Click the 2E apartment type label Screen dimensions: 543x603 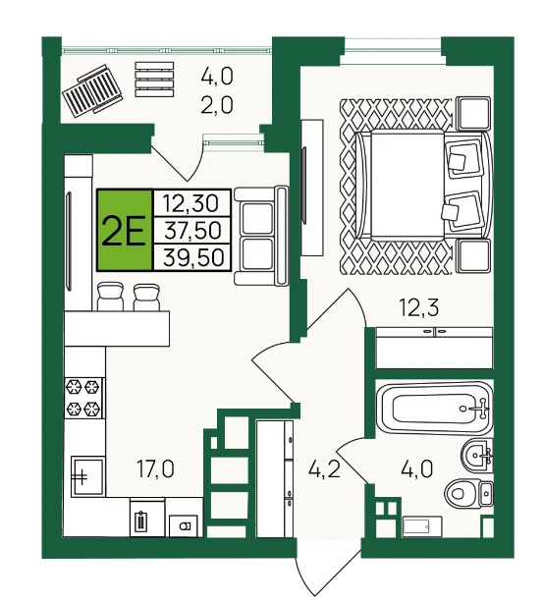(124, 231)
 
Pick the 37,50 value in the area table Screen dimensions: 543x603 (192, 230)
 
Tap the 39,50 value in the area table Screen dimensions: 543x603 (193, 257)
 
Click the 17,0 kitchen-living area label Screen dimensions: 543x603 (156, 469)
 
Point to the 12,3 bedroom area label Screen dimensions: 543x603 (419, 308)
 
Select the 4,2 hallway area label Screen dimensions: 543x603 (324, 469)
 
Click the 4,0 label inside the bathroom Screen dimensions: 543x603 (417, 469)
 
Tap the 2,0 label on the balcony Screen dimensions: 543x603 (217, 104)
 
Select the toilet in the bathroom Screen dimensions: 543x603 (469, 492)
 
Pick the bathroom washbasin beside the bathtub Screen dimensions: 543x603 (477, 455)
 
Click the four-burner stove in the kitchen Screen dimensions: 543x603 (84, 398)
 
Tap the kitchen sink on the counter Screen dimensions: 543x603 (87, 475)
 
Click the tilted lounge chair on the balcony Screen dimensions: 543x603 (92, 89)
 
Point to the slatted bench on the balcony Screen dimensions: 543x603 (154, 80)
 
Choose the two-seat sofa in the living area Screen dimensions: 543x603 (261, 236)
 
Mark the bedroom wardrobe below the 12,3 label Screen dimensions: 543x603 (435, 348)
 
